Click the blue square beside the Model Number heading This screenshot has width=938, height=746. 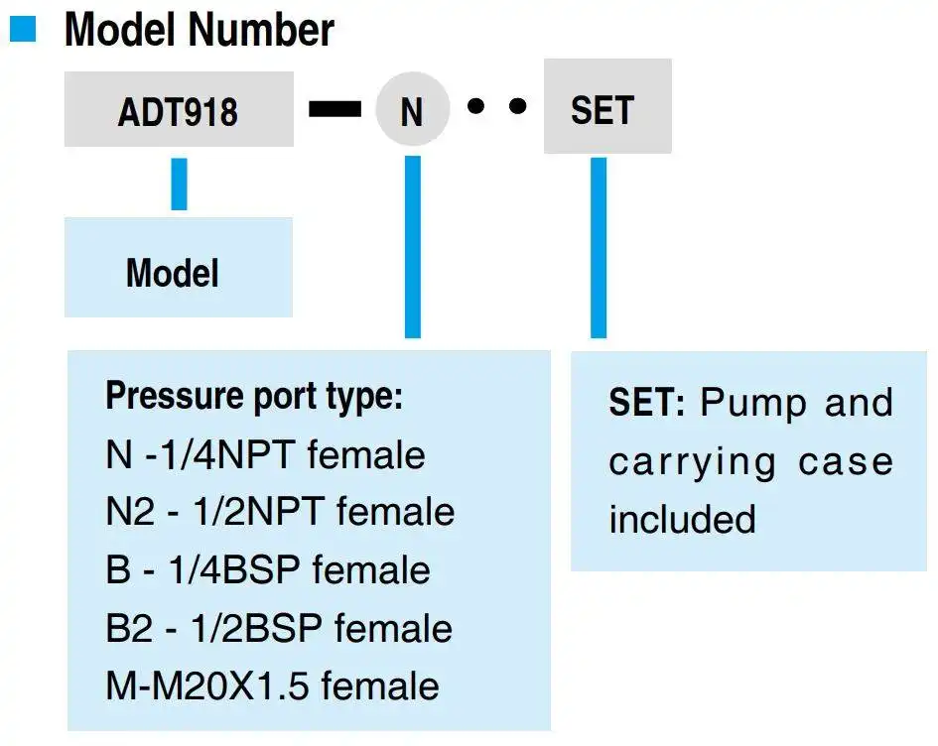click(23, 29)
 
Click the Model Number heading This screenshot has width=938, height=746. click(199, 30)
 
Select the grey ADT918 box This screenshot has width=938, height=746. click(179, 109)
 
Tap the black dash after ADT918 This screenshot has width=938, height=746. click(335, 109)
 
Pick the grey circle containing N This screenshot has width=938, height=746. click(412, 109)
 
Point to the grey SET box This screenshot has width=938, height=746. click(607, 106)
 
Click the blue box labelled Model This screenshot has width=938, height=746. click(179, 267)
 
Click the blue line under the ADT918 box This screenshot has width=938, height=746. click(179, 184)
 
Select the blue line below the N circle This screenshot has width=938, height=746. click(413, 247)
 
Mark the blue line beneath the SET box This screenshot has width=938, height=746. click(599, 247)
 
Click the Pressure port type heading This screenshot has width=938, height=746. click(254, 396)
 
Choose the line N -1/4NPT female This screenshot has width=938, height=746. click(265, 455)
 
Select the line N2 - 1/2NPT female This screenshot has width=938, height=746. click(280, 512)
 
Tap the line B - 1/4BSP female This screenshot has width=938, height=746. click(267, 569)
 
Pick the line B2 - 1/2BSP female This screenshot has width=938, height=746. click(279, 628)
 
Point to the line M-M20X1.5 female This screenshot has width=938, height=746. click(272, 685)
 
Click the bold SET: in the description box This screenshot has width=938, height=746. click(646, 403)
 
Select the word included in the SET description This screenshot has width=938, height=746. click(683, 519)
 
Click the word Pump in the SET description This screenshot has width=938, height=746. click(753, 404)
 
